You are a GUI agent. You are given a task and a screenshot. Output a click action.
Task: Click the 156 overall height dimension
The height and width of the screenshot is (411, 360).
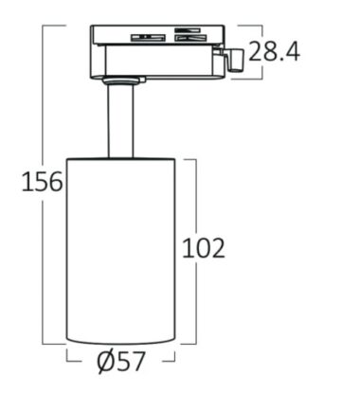pos(42,181)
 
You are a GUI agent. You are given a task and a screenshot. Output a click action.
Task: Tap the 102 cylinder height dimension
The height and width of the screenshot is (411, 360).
pos(204,248)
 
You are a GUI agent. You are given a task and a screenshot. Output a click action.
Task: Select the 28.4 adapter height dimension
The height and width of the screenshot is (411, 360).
pos(274,51)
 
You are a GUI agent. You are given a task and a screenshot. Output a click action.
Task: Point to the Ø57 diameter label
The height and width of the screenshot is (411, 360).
pos(121,362)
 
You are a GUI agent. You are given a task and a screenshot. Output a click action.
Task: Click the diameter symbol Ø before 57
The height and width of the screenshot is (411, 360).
pos(106,362)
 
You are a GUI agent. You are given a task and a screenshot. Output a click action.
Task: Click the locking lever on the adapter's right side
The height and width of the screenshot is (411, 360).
pos(234,59)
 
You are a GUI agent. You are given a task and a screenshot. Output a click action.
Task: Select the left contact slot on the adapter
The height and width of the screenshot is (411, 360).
pos(148,37)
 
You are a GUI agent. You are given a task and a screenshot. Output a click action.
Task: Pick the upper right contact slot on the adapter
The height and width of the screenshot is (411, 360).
pos(188,30)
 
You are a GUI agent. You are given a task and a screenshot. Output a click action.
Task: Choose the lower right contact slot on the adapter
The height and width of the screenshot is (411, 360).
pos(190,38)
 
